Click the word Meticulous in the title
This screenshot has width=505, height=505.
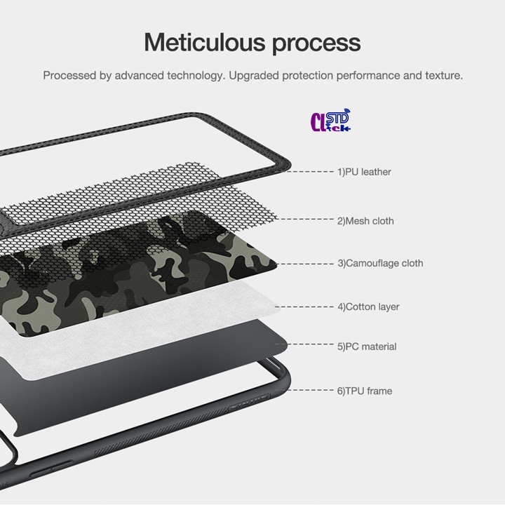(x=206, y=42)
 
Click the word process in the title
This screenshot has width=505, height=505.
(x=316, y=44)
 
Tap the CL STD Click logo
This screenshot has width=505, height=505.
(x=330, y=121)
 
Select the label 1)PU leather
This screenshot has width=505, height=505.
(x=364, y=172)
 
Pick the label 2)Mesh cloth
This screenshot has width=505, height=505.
(x=365, y=221)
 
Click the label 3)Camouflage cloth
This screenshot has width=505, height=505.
(x=380, y=264)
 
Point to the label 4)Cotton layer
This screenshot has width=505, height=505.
(x=368, y=307)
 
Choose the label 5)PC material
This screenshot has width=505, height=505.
(x=367, y=346)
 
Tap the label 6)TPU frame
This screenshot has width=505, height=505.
(x=365, y=391)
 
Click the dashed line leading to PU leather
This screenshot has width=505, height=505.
(x=310, y=172)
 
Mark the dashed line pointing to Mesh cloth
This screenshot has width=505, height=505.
(x=304, y=219)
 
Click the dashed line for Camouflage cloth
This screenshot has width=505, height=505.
(x=305, y=264)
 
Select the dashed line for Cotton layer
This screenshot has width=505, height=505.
(x=304, y=307)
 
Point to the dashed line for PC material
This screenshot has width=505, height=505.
(x=304, y=344)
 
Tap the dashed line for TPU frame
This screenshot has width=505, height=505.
(x=311, y=390)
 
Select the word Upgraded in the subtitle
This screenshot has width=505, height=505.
(x=254, y=76)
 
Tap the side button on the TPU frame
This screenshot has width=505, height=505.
(x=51, y=469)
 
